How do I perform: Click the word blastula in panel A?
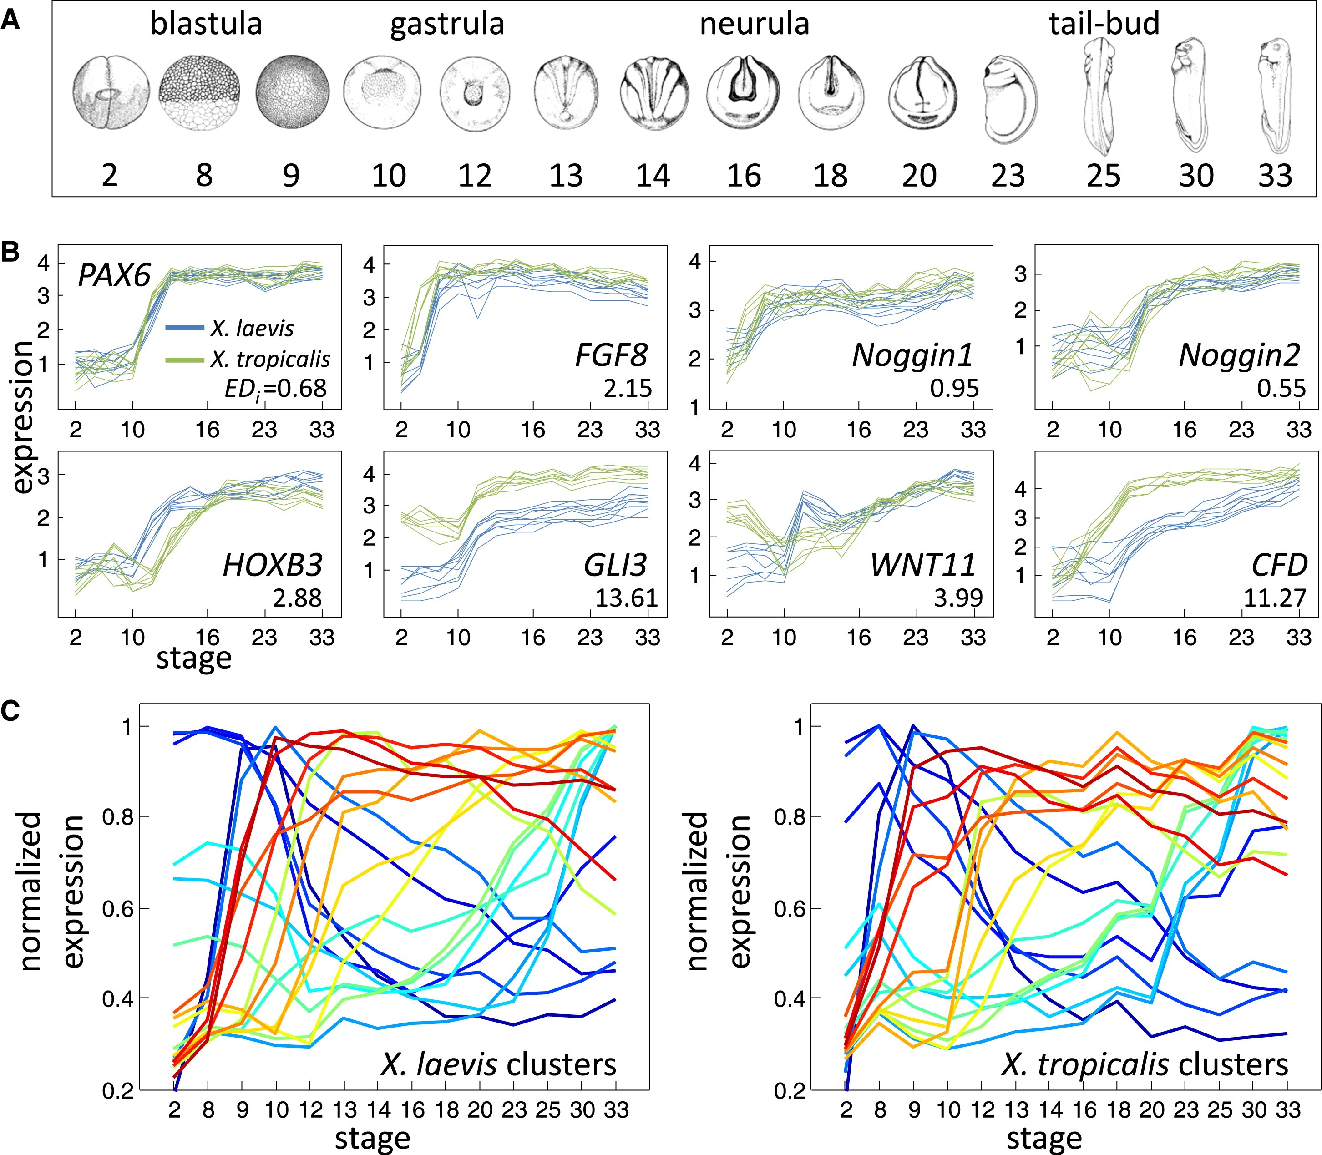click(x=206, y=25)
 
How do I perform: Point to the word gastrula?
click(x=447, y=25)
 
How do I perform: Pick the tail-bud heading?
click(x=1104, y=25)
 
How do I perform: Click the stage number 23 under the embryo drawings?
click(x=1008, y=175)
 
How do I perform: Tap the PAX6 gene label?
click(x=114, y=275)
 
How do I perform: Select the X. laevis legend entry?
click(x=251, y=329)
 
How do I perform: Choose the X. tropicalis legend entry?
click(x=269, y=359)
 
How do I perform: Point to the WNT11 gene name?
click(x=923, y=565)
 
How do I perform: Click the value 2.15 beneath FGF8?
click(x=628, y=389)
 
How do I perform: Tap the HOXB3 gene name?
click(x=272, y=565)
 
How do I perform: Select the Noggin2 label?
click(x=1239, y=355)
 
